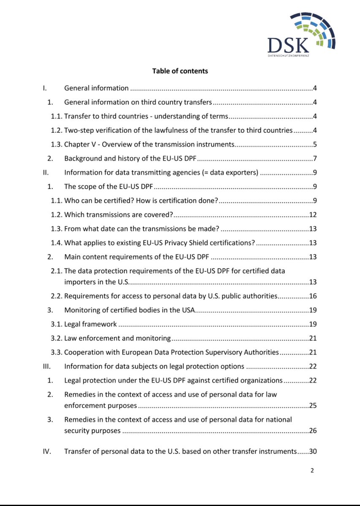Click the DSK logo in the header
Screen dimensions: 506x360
click(x=301, y=34)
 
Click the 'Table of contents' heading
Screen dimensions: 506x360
click(x=180, y=71)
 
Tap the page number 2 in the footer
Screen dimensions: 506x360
click(x=312, y=471)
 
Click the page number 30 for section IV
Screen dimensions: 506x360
click(x=313, y=451)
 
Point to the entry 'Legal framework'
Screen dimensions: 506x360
click(x=90, y=324)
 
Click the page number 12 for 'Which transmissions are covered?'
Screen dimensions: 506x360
click(x=313, y=215)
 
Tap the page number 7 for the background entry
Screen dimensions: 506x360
click(x=315, y=159)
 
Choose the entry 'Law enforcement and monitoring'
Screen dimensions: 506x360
click(x=117, y=338)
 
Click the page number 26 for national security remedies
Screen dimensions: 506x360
click(x=313, y=431)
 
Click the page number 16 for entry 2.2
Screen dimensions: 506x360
click(x=313, y=296)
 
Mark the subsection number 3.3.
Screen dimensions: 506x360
click(x=57, y=352)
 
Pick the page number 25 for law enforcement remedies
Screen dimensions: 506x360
click(x=313, y=406)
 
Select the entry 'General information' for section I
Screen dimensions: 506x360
click(x=96, y=88)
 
